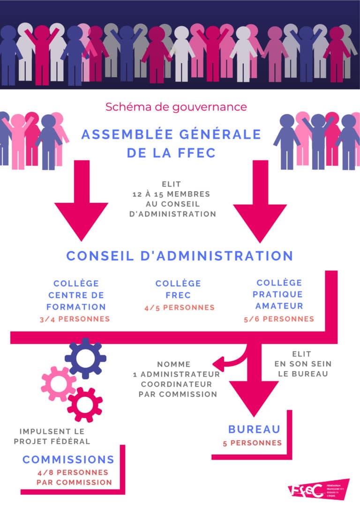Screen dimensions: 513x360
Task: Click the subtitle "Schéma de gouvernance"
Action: click(x=176, y=107)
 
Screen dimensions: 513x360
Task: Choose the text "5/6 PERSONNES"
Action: click(x=279, y=319)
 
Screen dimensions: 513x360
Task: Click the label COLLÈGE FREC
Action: click(x=178, y=290)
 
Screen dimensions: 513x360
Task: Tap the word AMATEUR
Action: click(x=279, y=306)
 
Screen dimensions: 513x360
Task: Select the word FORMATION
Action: click(x=76, y=307)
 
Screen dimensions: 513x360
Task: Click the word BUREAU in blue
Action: click(x=254, y=429)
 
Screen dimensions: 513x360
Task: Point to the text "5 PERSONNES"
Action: click(x=252, y=443)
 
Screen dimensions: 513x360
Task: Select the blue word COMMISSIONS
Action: click(x=68, y=459)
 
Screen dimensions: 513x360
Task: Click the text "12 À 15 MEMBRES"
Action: click(x=178, y=194)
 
